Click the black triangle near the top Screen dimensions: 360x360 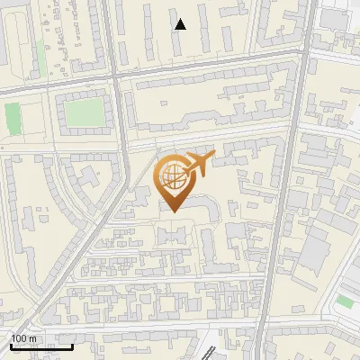pyautogui.click(x=180, y=24)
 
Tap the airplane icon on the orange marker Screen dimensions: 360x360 pyautogui.click(x=199, y=164)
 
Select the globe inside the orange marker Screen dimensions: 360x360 pyautogui.click(x=173, y=176)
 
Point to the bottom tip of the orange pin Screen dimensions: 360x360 pyautogui.click(x=173, y=211)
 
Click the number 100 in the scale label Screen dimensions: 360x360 pyautogui.click(x=18, y=338)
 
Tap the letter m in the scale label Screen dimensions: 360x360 pyautogui.click(x=32, y=338)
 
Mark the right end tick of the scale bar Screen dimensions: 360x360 pyautogui.click(x=73, y=346)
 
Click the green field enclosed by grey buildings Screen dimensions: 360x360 pyautogui.click(x=84, y=112)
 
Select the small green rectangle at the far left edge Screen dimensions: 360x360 pyautogui.click(x=12, y=117)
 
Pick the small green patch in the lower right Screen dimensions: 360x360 pyautogui.click(x=345, y=301)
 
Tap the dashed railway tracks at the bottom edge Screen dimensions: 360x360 pyautogui.click(x=203, y=351)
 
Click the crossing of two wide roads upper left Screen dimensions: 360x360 pyautogui.click(x=114, y=79)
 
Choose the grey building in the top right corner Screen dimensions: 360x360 pyautogui.click(x=335, y=18)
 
